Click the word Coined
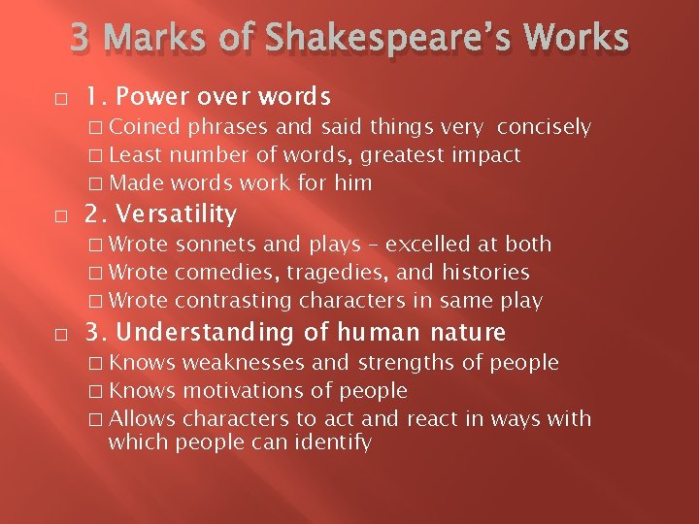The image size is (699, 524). pos(145,127)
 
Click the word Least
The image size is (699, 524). pos(137,155)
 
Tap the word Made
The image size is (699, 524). pos(137,183)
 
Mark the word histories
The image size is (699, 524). pos(485,273)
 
